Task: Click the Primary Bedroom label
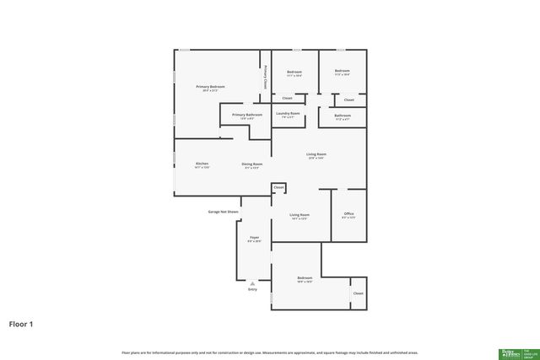[211, 88]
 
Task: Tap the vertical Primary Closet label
[266, 78]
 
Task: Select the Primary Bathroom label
[247, 116]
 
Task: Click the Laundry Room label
[288, 114]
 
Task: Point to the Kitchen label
[202, 164]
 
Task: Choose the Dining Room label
[251, 164]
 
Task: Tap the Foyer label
[254, 239]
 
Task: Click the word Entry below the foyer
[252, 289]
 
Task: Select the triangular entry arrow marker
[252, 283]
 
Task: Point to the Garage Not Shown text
[224, 212]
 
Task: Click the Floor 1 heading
[21, 323]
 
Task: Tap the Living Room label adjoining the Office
[300, 216]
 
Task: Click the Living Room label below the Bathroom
[316, 155]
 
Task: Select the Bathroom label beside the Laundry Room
[343, 116]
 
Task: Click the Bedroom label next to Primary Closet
[294, 73]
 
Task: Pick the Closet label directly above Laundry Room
[288, 98]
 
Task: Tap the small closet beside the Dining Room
[278, 187]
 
